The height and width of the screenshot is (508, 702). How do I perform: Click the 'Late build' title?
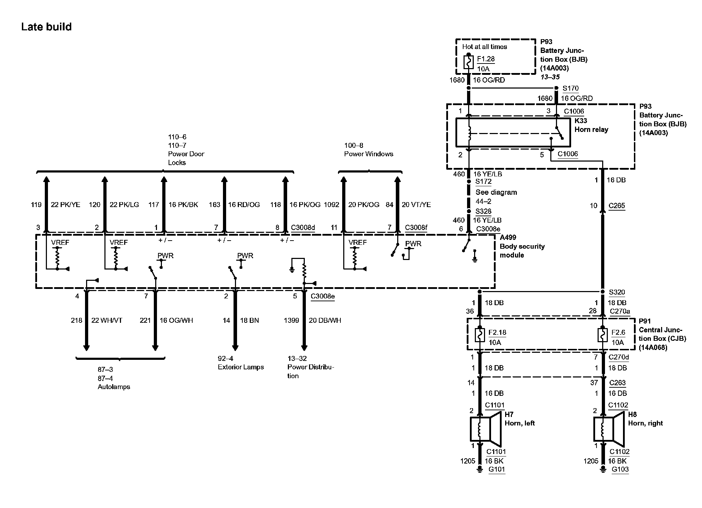(46, 27)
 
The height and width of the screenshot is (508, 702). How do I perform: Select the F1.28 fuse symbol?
(468, 62)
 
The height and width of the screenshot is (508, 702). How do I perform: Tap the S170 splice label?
(570, 88)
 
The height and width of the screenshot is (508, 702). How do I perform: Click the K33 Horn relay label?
(591, 125)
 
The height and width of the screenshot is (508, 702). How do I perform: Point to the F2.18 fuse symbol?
(479, 335)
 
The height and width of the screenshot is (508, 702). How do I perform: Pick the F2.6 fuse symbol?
(603, 335)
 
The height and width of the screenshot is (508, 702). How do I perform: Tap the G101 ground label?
(496, 469)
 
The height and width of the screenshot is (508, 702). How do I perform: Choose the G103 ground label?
(620, 469)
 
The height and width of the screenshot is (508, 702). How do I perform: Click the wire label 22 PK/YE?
(66, 205)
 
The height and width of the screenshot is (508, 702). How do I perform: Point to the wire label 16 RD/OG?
(244, 205)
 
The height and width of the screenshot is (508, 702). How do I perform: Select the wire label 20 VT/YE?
(416, 205)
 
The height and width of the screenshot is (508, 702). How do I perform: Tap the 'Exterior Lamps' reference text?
(241, 367)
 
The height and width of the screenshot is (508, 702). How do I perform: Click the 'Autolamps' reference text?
(114, 387)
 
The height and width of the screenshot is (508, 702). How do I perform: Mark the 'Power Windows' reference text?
(369, 154)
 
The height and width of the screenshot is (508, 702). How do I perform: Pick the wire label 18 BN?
(249, 320)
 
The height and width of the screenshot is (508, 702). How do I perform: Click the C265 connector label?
(617, 206)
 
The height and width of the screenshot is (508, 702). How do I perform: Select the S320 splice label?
(617, 292)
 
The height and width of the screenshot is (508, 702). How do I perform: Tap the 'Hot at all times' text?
(484, 47)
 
